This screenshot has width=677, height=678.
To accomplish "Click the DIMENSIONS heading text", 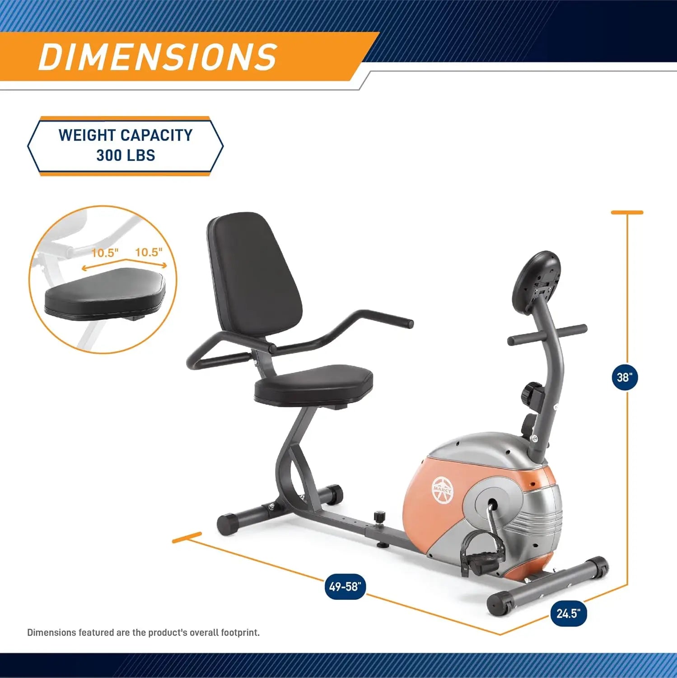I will tap(158, 57).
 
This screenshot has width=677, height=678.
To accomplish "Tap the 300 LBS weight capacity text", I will tap(126, 155).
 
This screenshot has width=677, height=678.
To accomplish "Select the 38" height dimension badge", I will tap(625, 377).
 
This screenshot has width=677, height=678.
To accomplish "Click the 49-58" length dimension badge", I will tap(345, 587).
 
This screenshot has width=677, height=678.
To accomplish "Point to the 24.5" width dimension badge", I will tap(568, 613).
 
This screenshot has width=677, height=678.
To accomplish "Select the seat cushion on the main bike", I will tap(314, 385).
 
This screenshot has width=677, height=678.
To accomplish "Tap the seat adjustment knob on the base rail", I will tap(380, 517).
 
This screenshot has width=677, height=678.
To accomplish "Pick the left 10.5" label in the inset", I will tap(104, 253).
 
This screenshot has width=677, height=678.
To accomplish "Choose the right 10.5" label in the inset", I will tap(149, 252).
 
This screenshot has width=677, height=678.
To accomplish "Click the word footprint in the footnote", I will tap(240, 632).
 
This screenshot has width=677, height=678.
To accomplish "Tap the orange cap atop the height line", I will tap(627, 212).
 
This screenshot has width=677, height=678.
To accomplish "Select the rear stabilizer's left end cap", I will tap(228, 524).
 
